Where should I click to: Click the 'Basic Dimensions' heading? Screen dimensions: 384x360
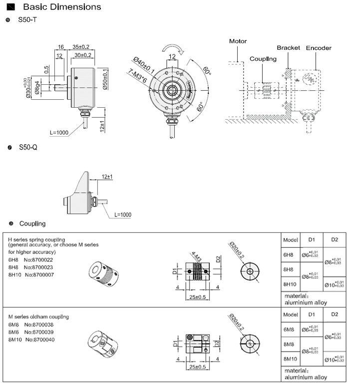click(x=62, y=7)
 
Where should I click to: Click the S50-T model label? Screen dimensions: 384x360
click(x=28, y=20)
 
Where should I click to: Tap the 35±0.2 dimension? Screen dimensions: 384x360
click(x=81, y=47)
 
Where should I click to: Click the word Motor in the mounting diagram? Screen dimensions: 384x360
click(x=238, y=41)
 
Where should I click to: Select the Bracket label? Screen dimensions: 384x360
click(x=288, y=48)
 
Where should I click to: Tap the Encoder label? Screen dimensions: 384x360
click(x=319, y=48)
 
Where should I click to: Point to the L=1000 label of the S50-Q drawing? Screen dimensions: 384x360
click(x=123, y=214)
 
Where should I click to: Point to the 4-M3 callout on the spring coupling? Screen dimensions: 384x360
click(x=196, y=258)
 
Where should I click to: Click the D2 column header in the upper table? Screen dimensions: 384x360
click(x=334, y=239)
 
